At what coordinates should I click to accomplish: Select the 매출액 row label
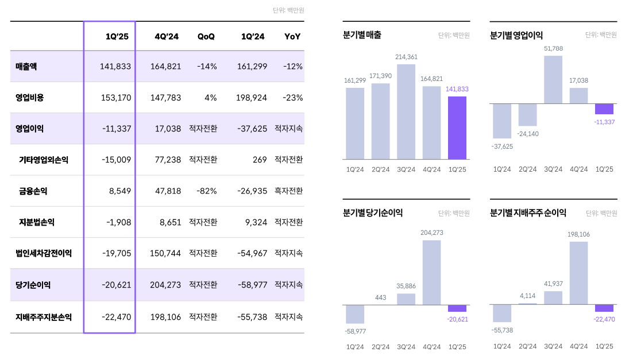click(x=26, y=66)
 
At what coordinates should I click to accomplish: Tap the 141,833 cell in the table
click(x=115, y=66)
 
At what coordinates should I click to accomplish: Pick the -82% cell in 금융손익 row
click(x=207, y=191)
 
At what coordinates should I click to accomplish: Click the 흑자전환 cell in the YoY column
click(x=288, y=191)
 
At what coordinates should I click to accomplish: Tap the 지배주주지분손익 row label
click(x=44, y=316)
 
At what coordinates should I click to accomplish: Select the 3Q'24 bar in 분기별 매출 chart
click(x=406, y=111)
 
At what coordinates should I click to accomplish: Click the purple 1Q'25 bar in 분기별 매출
click(x=457, y=127)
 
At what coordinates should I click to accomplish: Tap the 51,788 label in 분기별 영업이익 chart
click(x=553, y=48)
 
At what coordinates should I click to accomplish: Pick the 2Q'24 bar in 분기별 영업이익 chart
click(x=527, y=115)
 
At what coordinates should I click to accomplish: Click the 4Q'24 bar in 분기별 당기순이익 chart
click(x=431, y=272)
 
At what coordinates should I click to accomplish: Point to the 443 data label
click(x=380, y=297)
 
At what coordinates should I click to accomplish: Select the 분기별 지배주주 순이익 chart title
click(x=528, y=212)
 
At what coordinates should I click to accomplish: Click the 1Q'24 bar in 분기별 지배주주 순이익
click(x=502, y=313)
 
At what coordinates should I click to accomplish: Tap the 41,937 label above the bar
click(x=553, y=284)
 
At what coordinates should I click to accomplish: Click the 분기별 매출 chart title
click(x=362, y=35)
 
